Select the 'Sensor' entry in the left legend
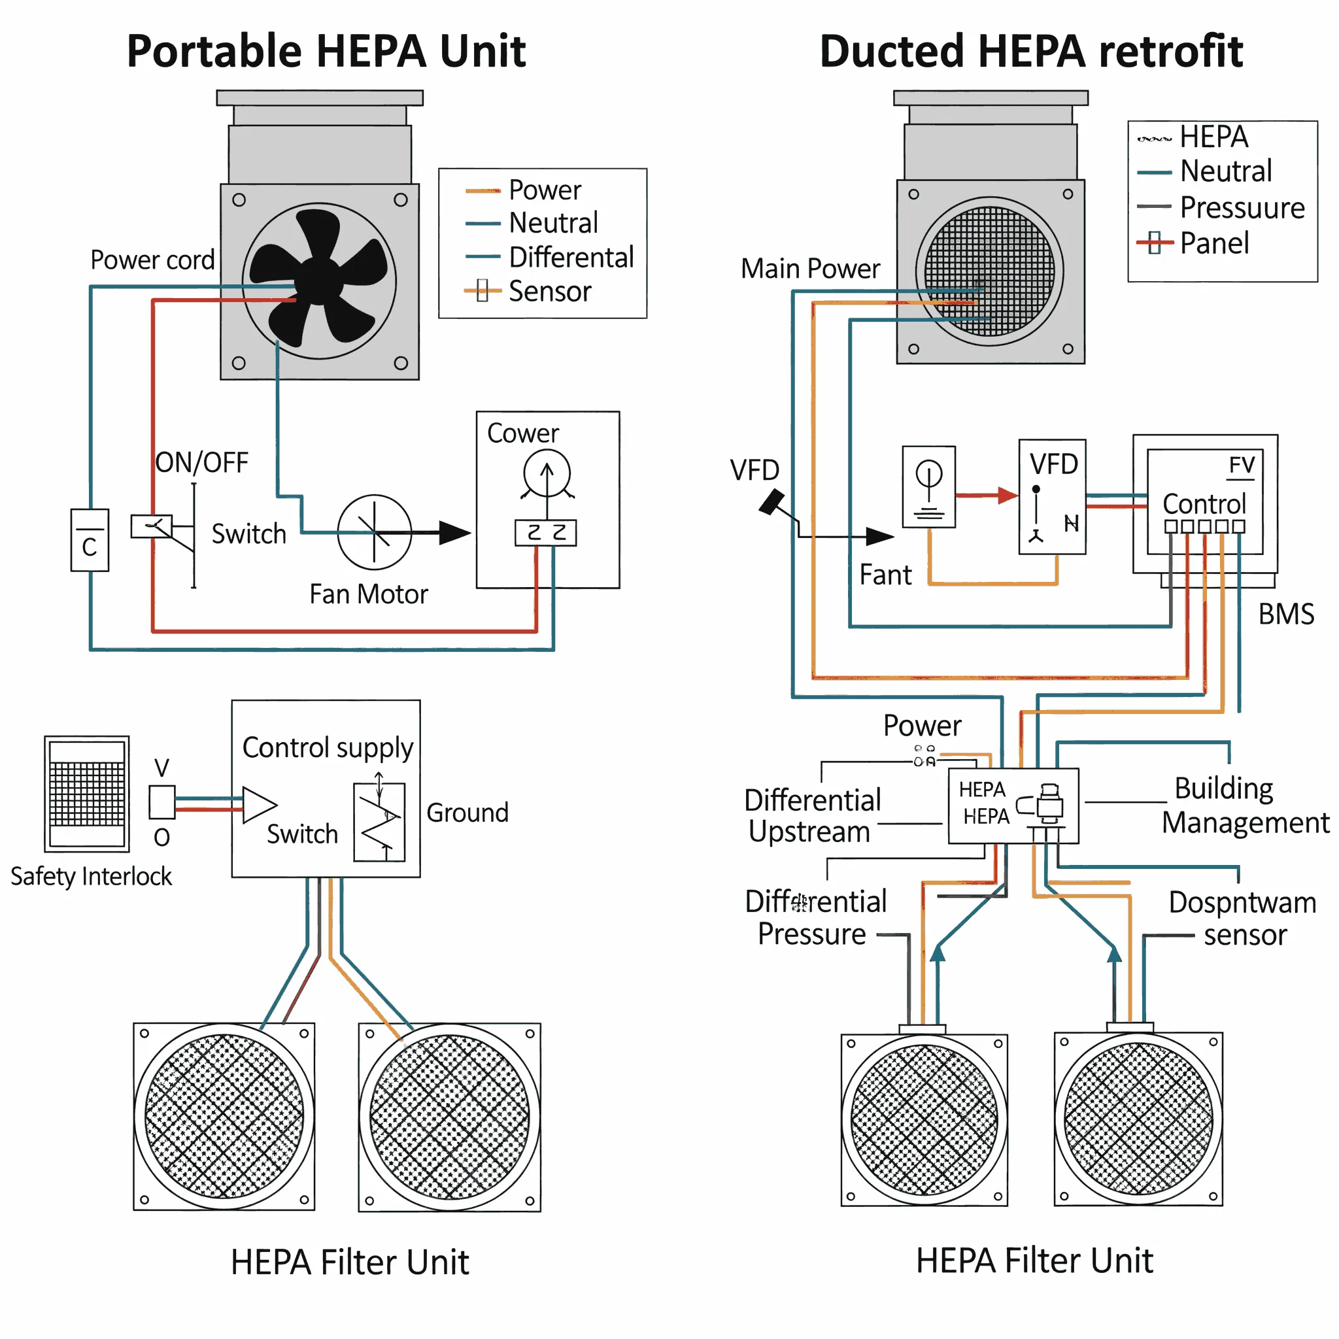click(x=549, y=291)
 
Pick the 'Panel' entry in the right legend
click(x=1213, y=243)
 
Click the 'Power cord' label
click(x=152, y=260)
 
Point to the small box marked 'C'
click(x=90, y=540)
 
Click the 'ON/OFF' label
click(x=201, y=462)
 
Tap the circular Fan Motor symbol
click(x=374, y=532)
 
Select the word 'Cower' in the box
click(x=522, y=433)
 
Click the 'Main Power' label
click(x=809, y=268)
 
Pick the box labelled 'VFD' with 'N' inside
click(x=1052, y=496)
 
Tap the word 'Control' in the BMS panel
click(x=1204, y=503)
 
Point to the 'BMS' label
click(x=1285, y=614)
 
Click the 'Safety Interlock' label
click(x=91, y=876)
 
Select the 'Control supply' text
click(x=327, y=748)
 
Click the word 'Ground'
click(x=467, y=812)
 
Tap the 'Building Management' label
click(x=1240, y=805)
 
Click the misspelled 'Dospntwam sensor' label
click(x=1242, y=919)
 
